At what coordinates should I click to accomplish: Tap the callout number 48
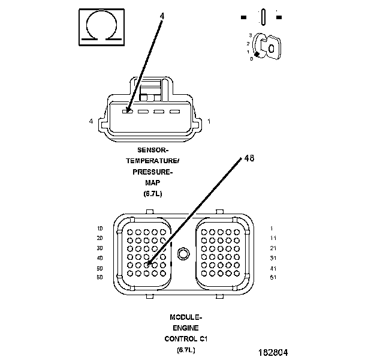point(249,158)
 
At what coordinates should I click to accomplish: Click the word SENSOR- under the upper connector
point(153,149)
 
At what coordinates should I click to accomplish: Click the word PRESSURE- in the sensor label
point(153,172)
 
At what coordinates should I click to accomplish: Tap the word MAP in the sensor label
point(153,182)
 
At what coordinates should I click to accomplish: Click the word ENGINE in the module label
point(186,328)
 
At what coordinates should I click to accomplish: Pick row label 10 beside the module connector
point(99,229)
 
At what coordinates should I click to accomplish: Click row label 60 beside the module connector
point(99,277)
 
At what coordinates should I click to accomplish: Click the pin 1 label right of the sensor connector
point(209,122)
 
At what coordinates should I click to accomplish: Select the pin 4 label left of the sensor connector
point(91,122)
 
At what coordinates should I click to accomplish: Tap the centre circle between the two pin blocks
point(183,252)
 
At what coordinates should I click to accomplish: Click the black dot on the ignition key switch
point(257,53)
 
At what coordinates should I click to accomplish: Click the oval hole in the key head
point(272,47)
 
